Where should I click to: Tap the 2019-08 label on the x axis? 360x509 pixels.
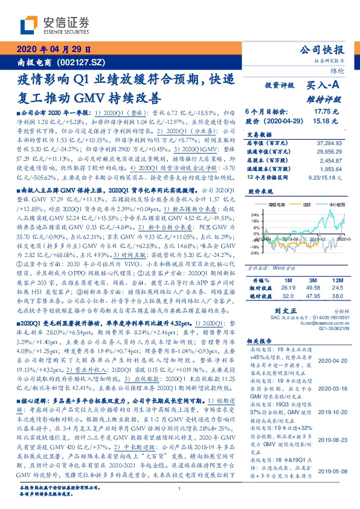click(288, 240)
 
